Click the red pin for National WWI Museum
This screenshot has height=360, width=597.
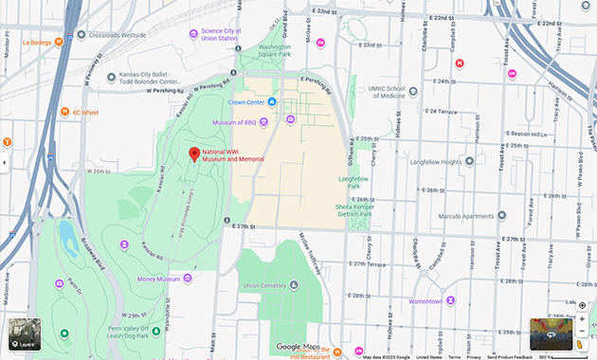point(194,154)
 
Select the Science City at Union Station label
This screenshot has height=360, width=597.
point(222,34)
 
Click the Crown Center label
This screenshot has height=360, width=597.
point(245,101)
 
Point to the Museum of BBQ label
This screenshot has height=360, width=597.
point(235,122)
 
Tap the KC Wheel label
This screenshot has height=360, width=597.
point(84,113)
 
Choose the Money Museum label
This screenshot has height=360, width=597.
point(157,279)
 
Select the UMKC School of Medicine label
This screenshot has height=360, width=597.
point(386,92)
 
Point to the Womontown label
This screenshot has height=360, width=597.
point(425,301)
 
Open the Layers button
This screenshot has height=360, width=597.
point(25,333)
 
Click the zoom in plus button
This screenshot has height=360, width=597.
point(582,319)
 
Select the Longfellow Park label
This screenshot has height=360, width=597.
point(353,181)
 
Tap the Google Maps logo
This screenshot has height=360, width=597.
point(298,347)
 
